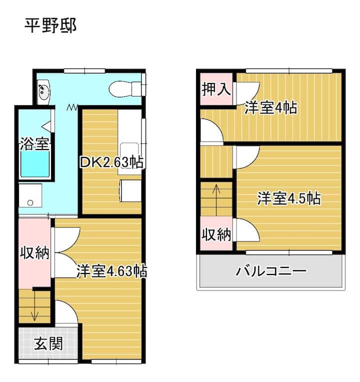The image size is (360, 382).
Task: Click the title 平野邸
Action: point(50,25)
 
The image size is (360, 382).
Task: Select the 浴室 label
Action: point(34,143)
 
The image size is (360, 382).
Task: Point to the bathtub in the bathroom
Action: point(35,163)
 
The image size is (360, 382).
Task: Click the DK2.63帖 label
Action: point(111,162)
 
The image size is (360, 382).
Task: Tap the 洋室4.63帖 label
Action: point(111,270)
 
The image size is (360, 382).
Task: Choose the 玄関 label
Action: point(48,343)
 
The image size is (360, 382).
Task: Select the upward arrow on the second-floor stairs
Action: point(216,200)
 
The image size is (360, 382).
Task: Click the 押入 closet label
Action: point(216,89)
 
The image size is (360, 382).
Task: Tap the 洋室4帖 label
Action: point(271,107)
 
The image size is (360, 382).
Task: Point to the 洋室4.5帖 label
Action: point(289,198)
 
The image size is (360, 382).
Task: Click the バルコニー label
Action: point(271,271)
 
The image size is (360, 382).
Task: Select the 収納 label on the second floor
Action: point(216,234)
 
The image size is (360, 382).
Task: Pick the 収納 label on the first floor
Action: point(35,252)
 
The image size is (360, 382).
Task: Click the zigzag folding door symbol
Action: point(72,107)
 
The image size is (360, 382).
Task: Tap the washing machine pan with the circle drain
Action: point(30,195)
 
